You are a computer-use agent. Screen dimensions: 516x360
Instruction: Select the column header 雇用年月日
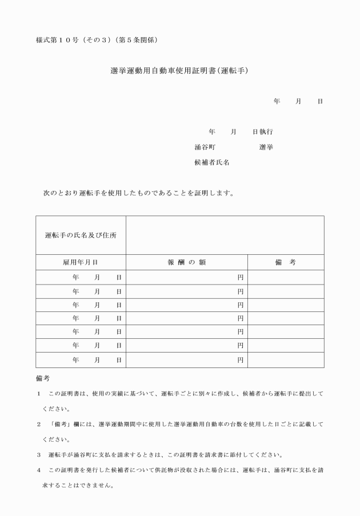click(81, 262)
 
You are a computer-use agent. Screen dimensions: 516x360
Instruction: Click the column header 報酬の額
click(186, 262)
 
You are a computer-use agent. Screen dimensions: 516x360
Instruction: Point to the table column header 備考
click(285, 262)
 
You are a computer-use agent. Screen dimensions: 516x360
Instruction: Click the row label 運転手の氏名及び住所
click(81, 235)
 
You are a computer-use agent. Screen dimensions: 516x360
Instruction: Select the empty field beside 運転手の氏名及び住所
click(225, 235)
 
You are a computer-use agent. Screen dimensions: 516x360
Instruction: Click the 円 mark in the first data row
click(241, 277)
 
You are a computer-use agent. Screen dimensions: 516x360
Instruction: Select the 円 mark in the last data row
click(241, 360)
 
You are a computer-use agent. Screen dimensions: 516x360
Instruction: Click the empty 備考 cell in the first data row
click(285, 277)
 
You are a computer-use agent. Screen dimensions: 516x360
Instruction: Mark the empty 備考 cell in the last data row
click(285, 360)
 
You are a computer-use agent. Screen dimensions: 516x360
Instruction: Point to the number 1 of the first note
click(38, 394)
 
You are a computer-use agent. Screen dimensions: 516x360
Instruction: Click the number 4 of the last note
click(38, 470)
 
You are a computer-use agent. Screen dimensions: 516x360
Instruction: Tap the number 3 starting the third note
click(38, 455)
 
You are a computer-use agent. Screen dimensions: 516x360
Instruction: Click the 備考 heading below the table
click(43, 378)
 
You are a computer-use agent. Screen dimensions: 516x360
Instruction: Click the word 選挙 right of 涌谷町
click(266, 147)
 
